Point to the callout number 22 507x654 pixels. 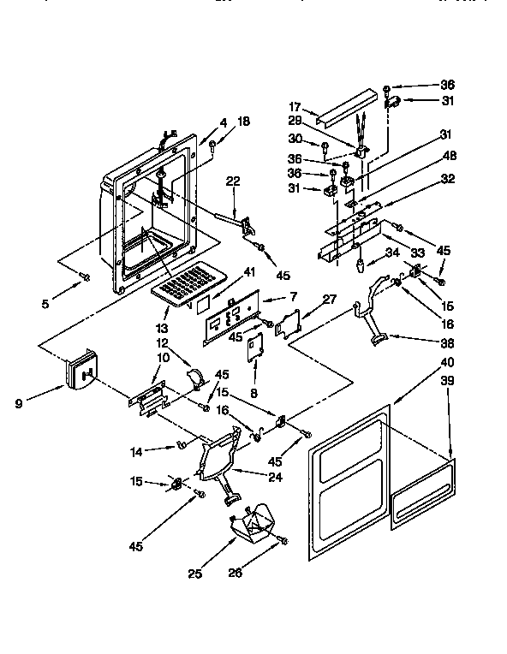pyautogui.click(x=232, y=181)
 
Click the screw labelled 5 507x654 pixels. pyautogui.click(x=85, y=275)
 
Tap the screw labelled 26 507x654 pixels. pyautogui.click(x=283, y=540)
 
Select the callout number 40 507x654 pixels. pyautogui.click(x=447, y=361)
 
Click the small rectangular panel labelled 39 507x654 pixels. pyautogui.click(x=423, y=492)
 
